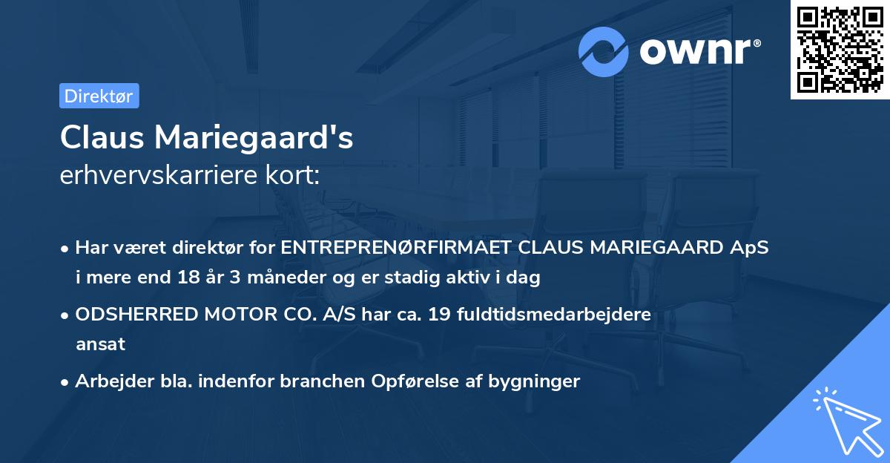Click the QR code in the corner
pos(840,50)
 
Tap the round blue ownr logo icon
pos(604,52)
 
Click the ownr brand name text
pos(699,52)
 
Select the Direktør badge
pos(99,96)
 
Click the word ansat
pos(100,344)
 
